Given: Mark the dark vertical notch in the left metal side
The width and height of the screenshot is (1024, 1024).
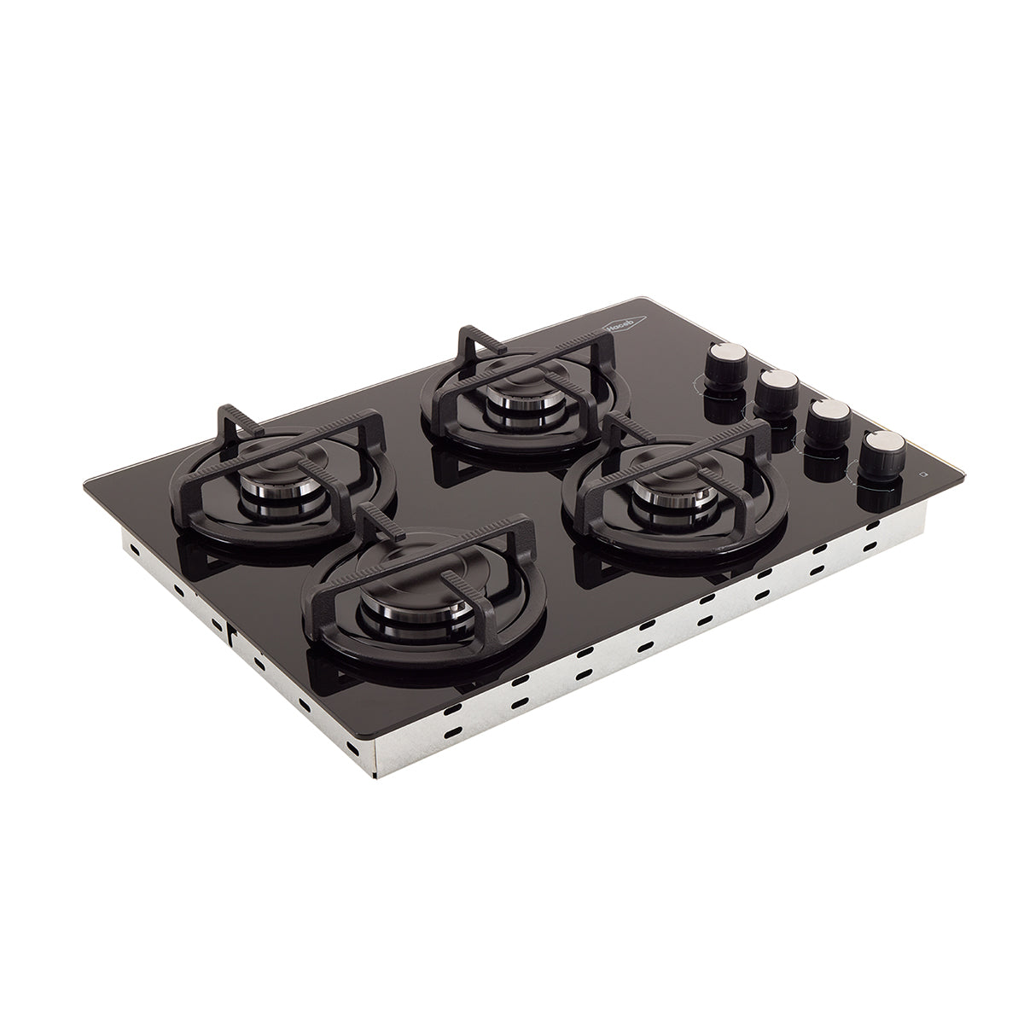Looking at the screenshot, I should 231,632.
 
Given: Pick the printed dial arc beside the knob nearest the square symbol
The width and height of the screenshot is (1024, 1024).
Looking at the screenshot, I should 855,478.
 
